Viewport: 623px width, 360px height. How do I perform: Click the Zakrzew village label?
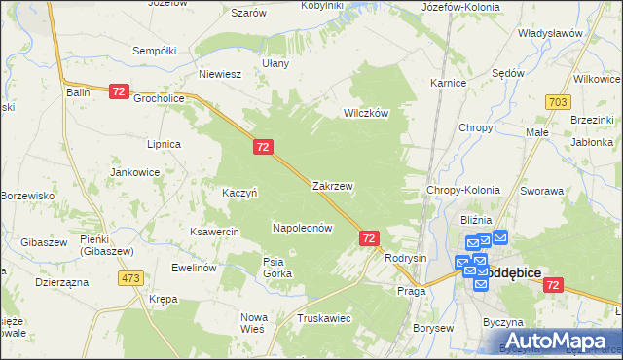(332, 185)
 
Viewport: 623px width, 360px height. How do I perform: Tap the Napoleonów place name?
(303, 228)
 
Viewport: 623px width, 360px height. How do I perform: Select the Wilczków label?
(365, 113)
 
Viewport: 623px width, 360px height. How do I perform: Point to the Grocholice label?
(160, 98)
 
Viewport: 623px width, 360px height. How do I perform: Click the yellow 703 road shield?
(558, 101)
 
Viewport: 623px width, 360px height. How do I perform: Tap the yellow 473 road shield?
(130, 278)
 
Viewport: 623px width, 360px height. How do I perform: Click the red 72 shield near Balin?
(119, 90)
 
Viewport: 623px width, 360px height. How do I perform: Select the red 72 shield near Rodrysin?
(369, 237)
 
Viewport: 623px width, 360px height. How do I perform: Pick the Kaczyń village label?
(239, 193)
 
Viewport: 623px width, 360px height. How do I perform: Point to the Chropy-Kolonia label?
(457, 191)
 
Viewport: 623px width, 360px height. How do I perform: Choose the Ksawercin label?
(215, 233)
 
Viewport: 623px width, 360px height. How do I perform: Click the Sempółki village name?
(153, 50)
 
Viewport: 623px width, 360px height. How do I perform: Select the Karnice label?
(449, 84)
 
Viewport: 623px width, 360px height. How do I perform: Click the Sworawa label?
(542, 192)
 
